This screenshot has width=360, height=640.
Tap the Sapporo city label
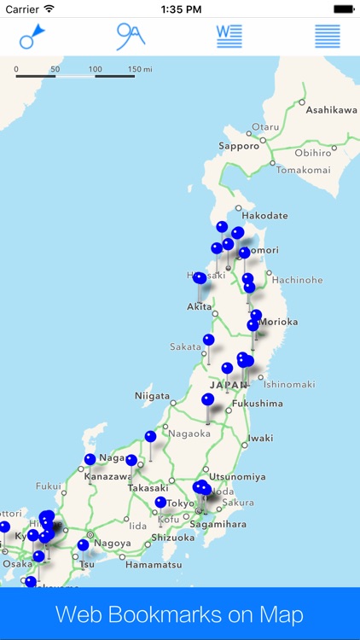[x=239, y=146]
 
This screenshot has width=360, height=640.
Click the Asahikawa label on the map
[x=331, y=110]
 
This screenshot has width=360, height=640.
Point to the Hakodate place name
[x=264, y=216]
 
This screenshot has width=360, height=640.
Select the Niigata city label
[x=152, y=396]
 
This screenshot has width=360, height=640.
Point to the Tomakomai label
[x=302, y=169]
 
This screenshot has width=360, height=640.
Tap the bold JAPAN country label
[x=229, y=385]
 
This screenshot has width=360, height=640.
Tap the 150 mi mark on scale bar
[x=140, y=68]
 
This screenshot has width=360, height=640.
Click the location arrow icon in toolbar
[x=32, y=36]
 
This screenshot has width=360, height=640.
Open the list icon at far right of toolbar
[x=328, y=36]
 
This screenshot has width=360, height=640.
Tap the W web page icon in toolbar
[x=229, y=36]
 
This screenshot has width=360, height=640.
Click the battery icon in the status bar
[x=343, y=9]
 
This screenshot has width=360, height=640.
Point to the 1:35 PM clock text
[x=179, y=9]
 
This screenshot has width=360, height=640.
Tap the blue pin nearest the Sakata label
[x=209, y=340]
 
